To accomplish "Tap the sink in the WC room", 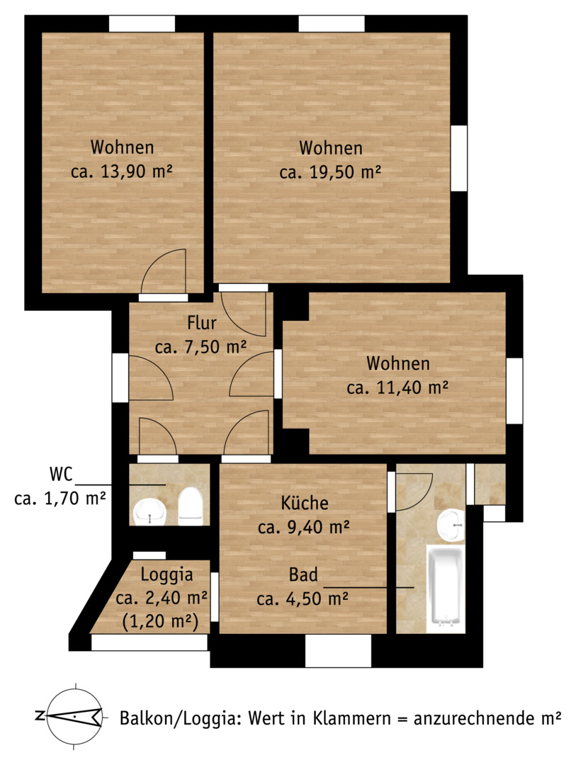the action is point(150,512).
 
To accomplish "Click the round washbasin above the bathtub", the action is point(451,526).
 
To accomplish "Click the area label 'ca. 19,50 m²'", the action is point(330,172).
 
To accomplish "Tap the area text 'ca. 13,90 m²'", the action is point(122,171).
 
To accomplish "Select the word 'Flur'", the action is point(202,322).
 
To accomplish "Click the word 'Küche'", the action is point(305,502).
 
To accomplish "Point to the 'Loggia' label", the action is point(167,574).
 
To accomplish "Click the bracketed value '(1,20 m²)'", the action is point(160,622).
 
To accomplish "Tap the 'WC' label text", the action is point(61,474).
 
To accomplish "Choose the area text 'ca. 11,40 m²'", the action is point(398,388).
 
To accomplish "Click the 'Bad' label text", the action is point(303,574).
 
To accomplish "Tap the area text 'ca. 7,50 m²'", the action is point(201,347).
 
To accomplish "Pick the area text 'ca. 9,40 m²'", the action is point(304,527).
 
